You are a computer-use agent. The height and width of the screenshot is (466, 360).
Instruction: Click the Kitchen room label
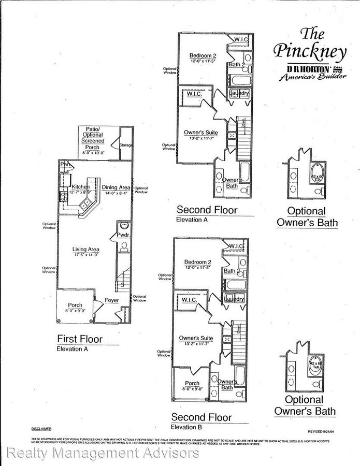click(x=80, y=186)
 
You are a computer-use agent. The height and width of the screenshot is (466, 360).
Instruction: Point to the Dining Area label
click(x=116, y=187)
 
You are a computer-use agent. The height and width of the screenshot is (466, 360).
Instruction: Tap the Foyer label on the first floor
click(x=111, y=300)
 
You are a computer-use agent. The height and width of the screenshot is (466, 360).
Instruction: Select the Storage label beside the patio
click(x=126, y=145)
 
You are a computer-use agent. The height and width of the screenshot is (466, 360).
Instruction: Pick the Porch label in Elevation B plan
click(x=192, y=384)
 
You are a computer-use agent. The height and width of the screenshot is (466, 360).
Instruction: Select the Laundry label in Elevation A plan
click(x=239, y=93)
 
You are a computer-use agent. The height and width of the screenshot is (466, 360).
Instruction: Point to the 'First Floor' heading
click(x=79, y=339)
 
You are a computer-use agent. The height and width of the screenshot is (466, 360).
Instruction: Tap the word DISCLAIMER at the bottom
click(x=41, y=429)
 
